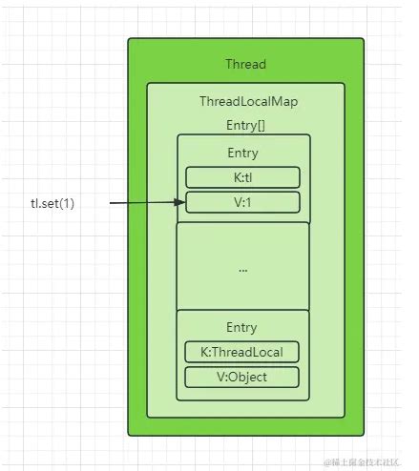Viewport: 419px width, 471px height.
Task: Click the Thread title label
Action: click(245, 64)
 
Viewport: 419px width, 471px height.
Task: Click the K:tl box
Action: click(242, 177)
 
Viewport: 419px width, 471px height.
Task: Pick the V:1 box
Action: click(242, 202)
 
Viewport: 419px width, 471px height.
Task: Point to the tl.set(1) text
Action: click(54, 203)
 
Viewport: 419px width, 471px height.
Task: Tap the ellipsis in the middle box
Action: click(242, 270)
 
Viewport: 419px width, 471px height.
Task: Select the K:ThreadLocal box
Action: click(242, 352)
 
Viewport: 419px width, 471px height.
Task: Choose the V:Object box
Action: click(242, 377)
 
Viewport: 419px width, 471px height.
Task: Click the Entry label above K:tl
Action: click(242, 153)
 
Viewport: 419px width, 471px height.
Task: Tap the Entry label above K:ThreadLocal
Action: click(242, 327)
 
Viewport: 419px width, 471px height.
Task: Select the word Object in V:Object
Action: click(248, 377)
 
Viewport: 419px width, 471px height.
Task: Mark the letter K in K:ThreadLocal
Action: click(205, 352)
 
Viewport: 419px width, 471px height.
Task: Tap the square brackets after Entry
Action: click(257, 125)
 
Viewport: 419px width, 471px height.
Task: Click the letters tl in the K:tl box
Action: click(249, 177)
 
